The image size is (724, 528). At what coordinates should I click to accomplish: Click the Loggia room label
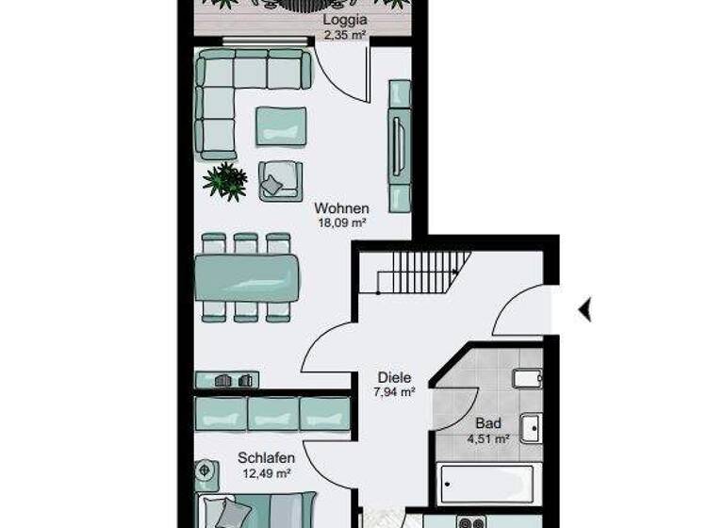click(344, 20)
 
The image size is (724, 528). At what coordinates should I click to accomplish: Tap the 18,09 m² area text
click(341, 223)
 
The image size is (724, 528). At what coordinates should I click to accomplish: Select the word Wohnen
click(341, 208)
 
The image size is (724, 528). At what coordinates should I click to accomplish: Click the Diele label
click(394, 377)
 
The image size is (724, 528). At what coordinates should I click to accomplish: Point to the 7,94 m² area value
click(394, 392)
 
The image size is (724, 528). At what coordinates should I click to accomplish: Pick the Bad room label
click(488, 423)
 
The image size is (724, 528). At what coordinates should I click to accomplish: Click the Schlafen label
click(266, 457)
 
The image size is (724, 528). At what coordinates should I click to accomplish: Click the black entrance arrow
click(584, 308)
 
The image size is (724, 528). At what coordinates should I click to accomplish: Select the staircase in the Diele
click(423, 272)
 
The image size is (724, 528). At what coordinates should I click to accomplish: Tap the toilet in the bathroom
click(526, 379)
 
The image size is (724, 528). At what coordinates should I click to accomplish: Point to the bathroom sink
click(532, 428)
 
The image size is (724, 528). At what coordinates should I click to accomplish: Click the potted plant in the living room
click(225, 180)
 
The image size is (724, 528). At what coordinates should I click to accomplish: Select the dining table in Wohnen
click(247, 277)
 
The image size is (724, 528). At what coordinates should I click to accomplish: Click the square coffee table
click(281, 125)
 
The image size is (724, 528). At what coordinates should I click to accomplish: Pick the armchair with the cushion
click(280, 180)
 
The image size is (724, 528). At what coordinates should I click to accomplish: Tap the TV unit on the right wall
click(400, 146)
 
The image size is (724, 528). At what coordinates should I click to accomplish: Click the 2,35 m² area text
click(344, 34)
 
